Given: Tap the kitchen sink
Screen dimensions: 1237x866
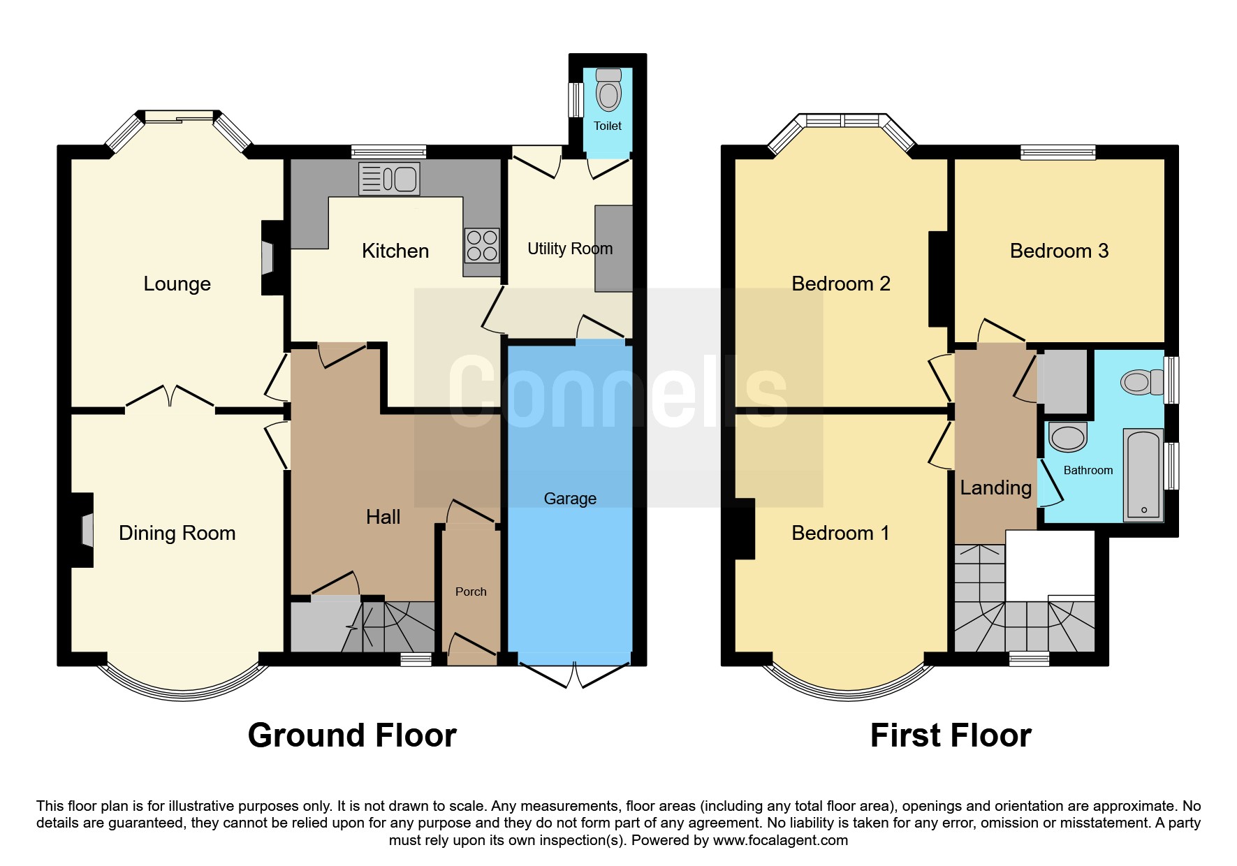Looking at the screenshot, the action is [x=388, y=178].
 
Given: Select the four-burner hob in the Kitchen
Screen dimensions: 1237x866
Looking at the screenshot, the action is [x=482, y=245].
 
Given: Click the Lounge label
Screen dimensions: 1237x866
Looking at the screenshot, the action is [x=177, y=284].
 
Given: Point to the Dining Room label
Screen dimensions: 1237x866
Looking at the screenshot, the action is [x=177, y=533].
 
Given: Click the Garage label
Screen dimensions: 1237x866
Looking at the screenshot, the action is [x=570, y=499].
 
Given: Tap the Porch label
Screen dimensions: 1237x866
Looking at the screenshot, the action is [x=471, y=592].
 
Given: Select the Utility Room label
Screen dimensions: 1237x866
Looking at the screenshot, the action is [x=570, y=249].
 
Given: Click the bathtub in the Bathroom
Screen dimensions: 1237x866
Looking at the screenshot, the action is [x=1143, y=475].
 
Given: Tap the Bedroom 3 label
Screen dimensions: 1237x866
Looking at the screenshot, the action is [x=1059, y=251].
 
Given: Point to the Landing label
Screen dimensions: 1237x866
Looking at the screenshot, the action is [x=995, y=487].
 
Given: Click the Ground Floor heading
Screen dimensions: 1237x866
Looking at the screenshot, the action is [x=352, y=735].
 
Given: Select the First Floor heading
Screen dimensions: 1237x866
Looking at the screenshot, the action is [x=950, y=735].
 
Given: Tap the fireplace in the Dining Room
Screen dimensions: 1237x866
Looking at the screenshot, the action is [x=83, y=530].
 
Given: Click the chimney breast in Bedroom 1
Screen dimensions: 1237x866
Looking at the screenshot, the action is [x=745, y=529].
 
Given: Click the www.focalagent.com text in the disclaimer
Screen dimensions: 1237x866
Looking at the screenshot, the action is [x=780, y=840].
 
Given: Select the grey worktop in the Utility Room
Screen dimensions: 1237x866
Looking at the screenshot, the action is [x=614, y=248].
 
